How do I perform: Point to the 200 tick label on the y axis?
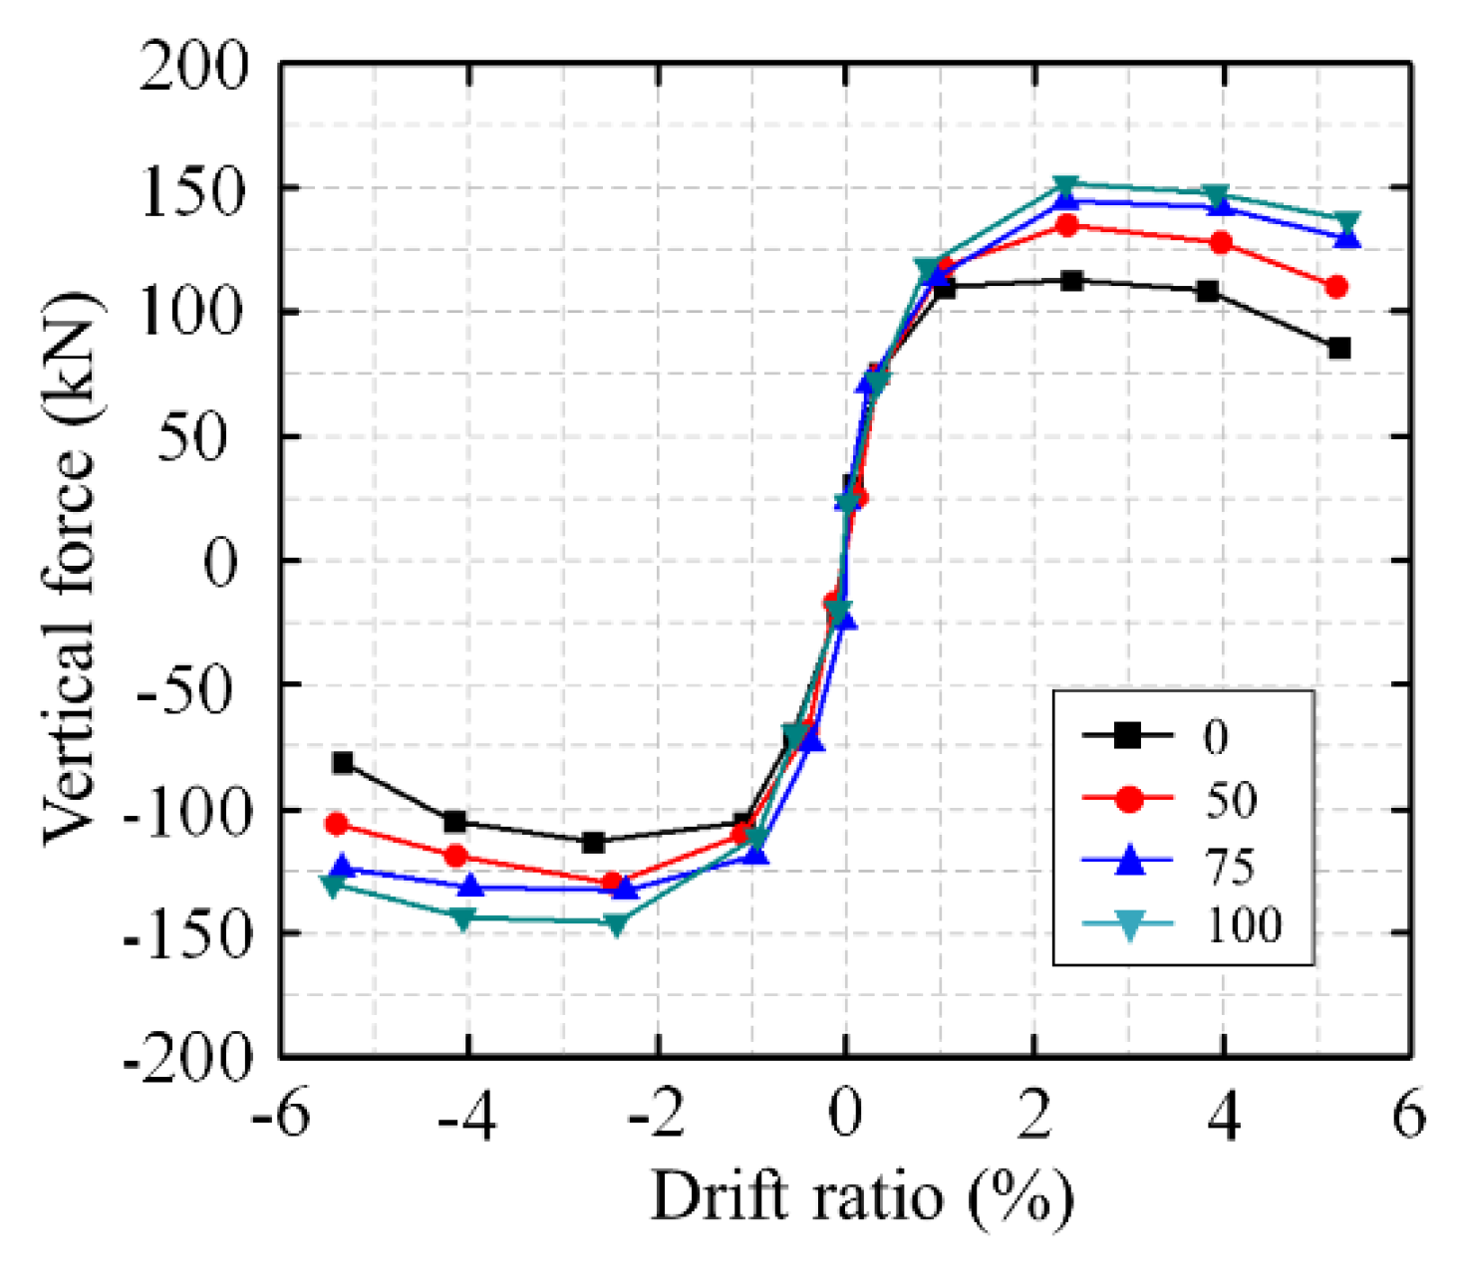[x=193, y=68]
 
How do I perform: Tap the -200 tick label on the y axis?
[x=187, y=1058]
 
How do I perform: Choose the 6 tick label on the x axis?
[x=1408, y=1116]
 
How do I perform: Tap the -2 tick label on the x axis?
[x=657, y=1116]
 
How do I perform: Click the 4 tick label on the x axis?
[x=1223, y=1116]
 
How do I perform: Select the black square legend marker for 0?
[x=1127, y=736]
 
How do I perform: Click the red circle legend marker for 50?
[x=1127, y=799]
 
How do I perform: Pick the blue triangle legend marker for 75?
[x=1127, y=862]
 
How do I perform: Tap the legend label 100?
[x=1243, y=925]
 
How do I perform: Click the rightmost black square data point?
[x=1338, y=349]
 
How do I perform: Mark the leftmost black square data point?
[x=343, y=763]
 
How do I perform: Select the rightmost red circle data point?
[x=1336, y=287]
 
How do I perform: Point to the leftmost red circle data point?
[x=337, y=825]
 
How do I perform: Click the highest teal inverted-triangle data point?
[x=1065, y=186]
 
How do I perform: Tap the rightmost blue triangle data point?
[x=1347, y=238]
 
